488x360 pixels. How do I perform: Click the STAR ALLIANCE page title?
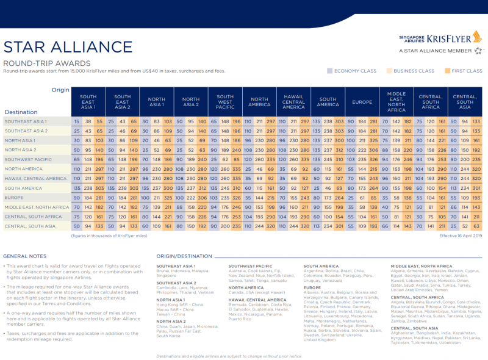[x=68, y=47]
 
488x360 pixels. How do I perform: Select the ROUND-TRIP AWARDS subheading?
[x=47, y=63]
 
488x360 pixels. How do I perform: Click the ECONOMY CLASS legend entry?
[x=352, y=71]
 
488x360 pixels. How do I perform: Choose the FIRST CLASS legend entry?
[x=464, y=71]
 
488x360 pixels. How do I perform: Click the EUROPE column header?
[x=362, y=102]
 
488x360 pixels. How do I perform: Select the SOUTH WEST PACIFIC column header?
[x=225, y=102]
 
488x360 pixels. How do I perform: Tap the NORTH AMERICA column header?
[x=260, y=102]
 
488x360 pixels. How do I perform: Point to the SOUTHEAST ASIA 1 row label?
[x=26, y=121]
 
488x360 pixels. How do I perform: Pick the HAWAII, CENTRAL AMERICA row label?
[x=35, y=178]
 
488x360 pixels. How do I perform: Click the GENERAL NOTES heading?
[x=24, y=256]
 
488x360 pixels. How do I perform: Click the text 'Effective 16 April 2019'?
[x=461, y=234]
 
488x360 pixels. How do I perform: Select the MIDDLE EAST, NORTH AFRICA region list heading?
[x=421, y=266]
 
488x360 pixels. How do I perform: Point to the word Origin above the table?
[x=61, y=90]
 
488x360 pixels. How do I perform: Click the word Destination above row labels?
[x=21, y=112]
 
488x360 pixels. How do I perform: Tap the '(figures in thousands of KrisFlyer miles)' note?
[x=109, y=234]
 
